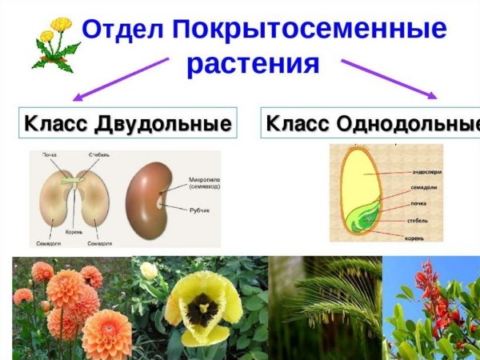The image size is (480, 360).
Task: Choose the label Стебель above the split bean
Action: tap(99, 154)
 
